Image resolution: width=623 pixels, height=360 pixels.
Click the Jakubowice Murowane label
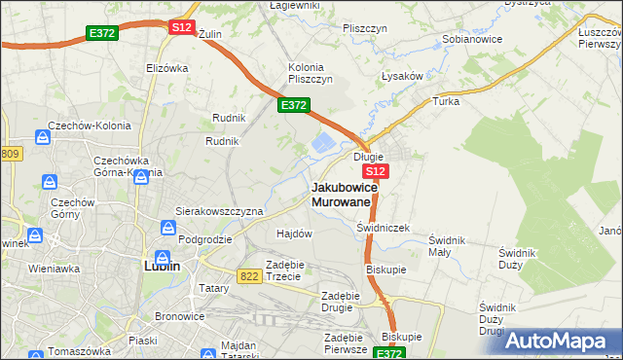click(340, 194)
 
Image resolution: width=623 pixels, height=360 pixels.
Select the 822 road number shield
click(249, 276)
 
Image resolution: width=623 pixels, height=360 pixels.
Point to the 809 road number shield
click(10, 154)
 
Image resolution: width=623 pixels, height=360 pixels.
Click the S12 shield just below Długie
click(378, 171)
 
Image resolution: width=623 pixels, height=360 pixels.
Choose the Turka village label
click(446, 100)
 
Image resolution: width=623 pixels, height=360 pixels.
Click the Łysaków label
click(400, 77)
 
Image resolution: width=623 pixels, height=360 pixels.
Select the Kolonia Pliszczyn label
click(311, 73)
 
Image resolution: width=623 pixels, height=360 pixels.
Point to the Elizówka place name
click(165, 68)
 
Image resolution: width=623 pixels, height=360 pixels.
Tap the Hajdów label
click(294, 234)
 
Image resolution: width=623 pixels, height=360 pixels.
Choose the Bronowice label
click(180, 316)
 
